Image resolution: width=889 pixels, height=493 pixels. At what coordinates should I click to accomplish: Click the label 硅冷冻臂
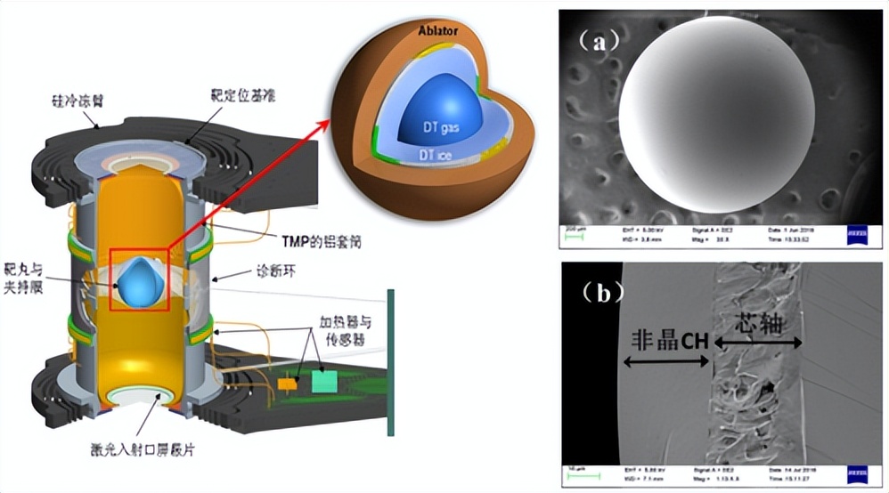[x=79, y=101]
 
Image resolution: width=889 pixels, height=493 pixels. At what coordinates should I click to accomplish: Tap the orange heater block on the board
[x=287, y=384]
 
